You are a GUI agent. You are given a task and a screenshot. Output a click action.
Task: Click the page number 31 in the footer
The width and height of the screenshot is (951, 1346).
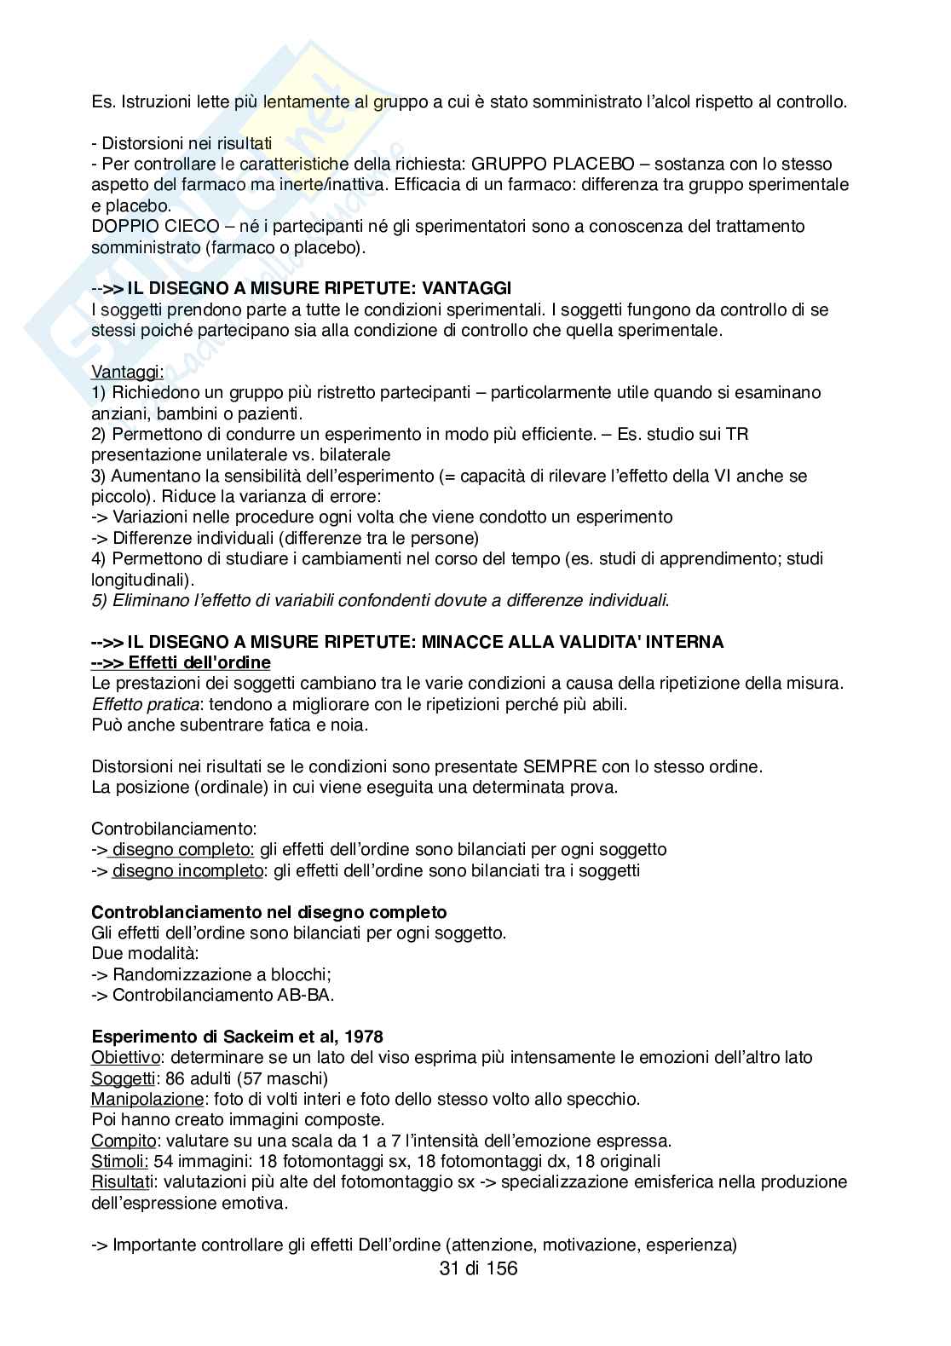(x=448, y=1268)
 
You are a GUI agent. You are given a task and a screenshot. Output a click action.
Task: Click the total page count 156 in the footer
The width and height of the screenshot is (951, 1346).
(x=499, y=1268)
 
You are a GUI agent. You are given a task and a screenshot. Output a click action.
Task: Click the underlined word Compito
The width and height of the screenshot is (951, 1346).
(x=124, y=1141)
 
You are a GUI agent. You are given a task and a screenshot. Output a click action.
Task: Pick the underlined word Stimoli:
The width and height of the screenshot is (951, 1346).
(x=120, y=1161)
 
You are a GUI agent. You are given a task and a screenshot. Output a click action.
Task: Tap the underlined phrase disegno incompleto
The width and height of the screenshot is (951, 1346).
(x=187, y=870)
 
